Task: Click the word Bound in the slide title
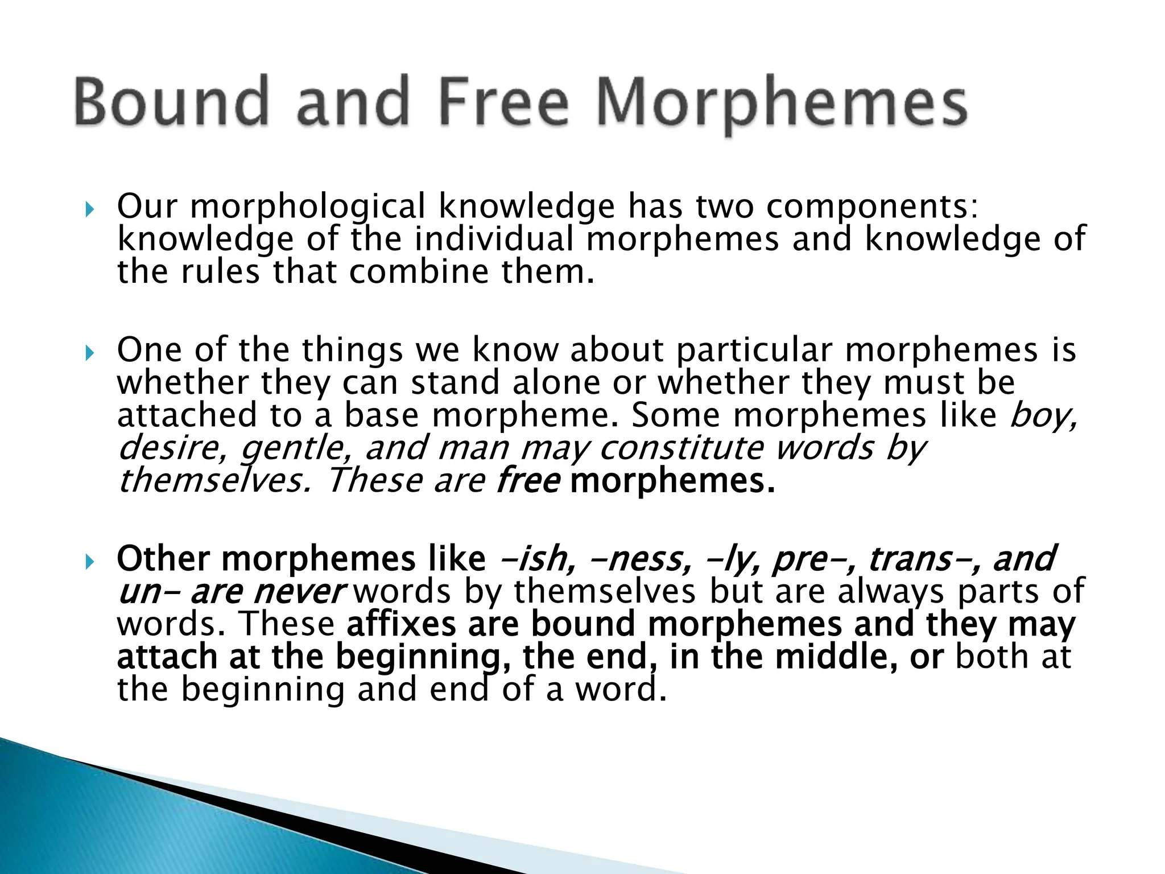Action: [x=171, y=102]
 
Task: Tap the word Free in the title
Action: [x=504, y=102]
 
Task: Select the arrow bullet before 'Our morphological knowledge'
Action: [x=89, y=211]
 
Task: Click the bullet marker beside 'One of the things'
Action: [x=89, y=354]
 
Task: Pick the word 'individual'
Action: [x=494, y=239]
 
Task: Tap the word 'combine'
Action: [x=419, y=272]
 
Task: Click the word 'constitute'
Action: [x=681, y=448]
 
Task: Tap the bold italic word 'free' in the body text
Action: [x=528, y=481]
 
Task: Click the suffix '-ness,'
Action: [x=641, y=559]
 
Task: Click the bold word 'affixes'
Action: [x=401, y=624]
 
